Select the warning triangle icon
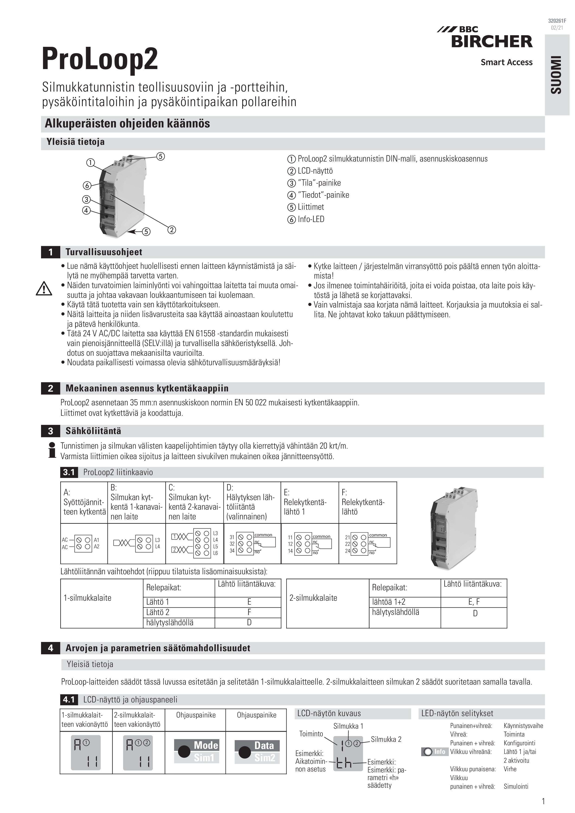(44, 289)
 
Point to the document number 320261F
(557, 21)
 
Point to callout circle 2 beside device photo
(172, 230)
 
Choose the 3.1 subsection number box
(69, 472)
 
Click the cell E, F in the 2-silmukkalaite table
(474, 602)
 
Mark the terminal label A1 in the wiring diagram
(96, 540)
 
